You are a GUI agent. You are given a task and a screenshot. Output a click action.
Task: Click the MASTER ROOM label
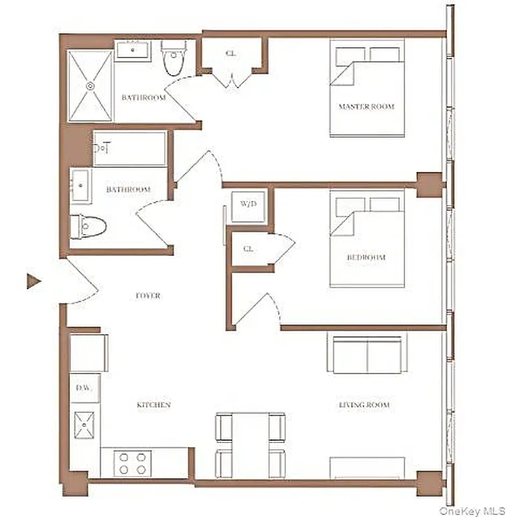[x=366, y=107]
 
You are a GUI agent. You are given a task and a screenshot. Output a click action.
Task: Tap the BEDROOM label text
[x=366, y=257]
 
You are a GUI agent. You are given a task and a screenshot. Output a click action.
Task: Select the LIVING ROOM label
[x=364, y=405]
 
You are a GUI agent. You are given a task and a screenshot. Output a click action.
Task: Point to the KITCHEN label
[x=154, y=405]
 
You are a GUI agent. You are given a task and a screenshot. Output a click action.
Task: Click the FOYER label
[x=148, y=296]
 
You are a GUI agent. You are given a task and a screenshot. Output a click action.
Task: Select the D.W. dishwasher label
[x=84, y=388]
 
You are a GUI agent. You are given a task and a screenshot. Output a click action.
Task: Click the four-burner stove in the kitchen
[x=132, y=463]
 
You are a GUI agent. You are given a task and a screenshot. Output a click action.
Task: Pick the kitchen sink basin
[x=85, y=426]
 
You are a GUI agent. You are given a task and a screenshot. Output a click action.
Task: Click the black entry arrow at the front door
[x=34, y=281]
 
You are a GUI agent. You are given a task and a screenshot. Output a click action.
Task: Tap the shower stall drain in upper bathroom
[x=90, y=85]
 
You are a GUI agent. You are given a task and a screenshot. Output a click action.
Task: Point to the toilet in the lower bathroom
[x=89, y=226]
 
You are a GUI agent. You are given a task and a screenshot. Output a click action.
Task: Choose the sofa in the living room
[x=367, y=354]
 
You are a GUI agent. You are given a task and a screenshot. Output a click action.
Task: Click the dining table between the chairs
[x=251, y=445]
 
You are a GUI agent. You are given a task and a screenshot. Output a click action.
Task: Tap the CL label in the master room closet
[x=231, y=54]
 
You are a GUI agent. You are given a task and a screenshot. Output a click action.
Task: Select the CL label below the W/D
[x=248, y=249]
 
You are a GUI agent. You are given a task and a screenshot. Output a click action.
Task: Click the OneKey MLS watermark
[x=471, y=511]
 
